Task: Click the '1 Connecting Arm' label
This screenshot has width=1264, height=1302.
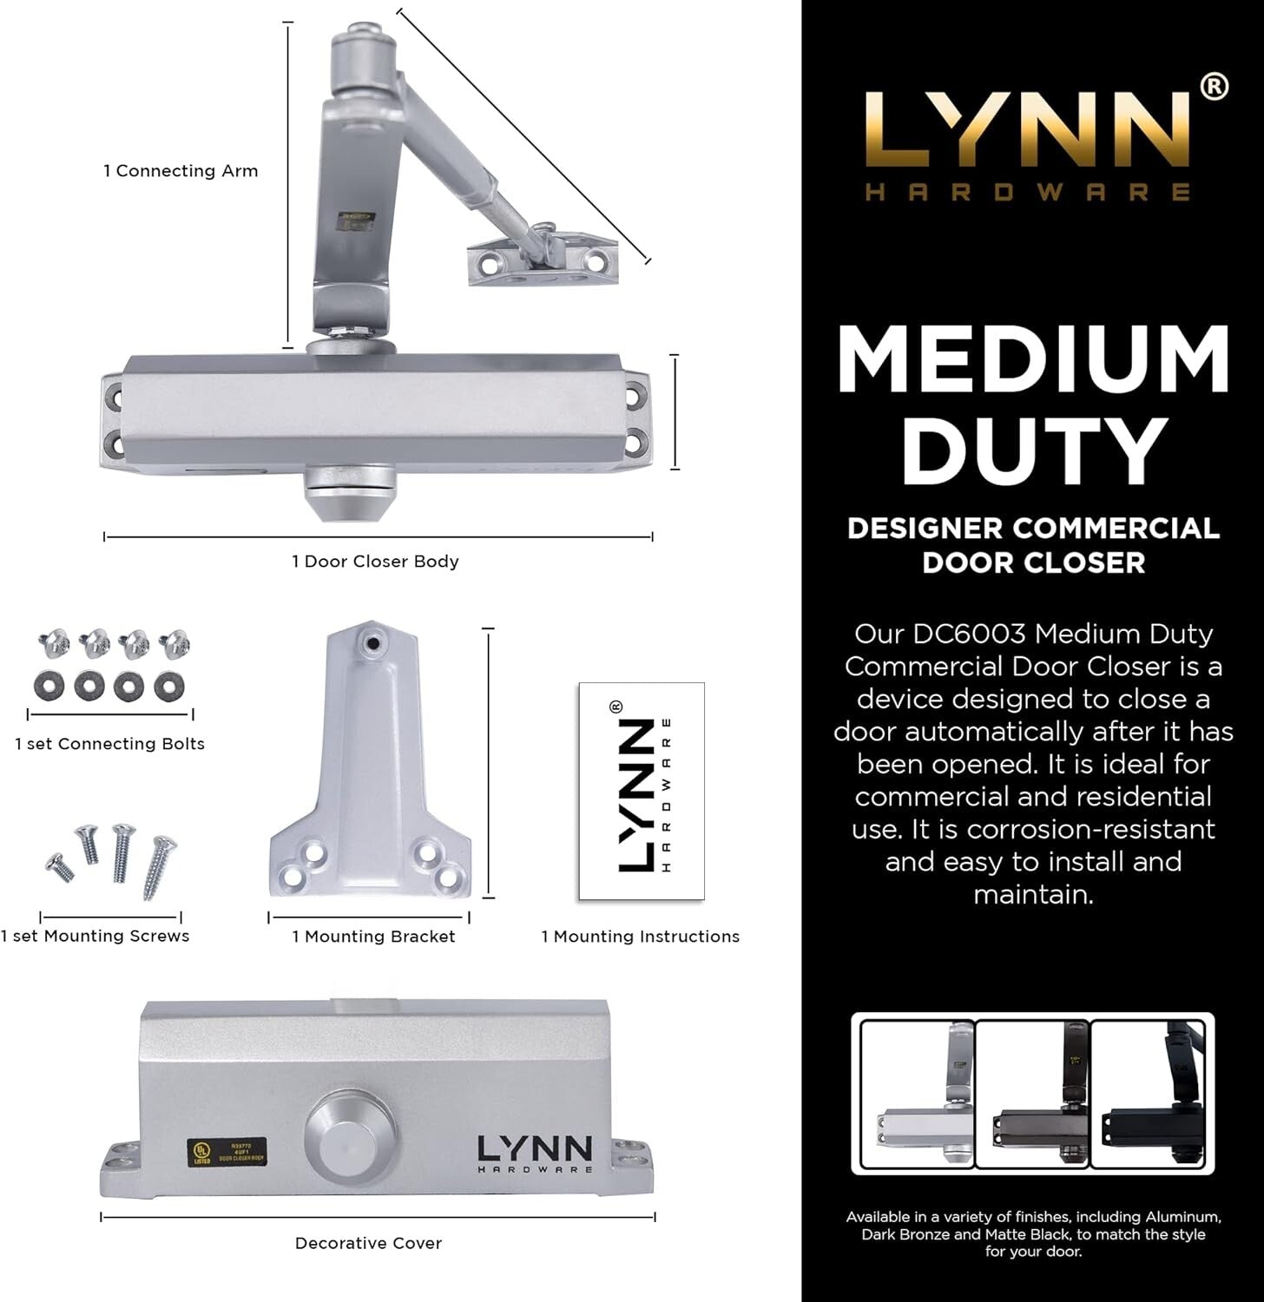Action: point(181,171)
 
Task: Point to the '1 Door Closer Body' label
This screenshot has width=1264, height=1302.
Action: point(375,562)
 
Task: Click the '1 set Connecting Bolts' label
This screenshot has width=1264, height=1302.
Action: point(110,744)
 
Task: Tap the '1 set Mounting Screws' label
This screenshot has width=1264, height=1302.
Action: point(95,936)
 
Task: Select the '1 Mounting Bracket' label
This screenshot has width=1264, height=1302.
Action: point(373,937)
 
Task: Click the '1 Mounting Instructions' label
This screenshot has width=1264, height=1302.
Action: point(641,937)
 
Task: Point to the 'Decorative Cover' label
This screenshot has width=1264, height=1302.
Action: point(368,1243)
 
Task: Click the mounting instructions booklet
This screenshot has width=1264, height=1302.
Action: point(642,791)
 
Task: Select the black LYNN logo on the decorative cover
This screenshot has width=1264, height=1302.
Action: point(535,1153)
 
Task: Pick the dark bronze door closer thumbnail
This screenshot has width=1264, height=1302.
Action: point(1033,1094)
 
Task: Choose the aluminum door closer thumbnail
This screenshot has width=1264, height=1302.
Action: point(918,1094)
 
